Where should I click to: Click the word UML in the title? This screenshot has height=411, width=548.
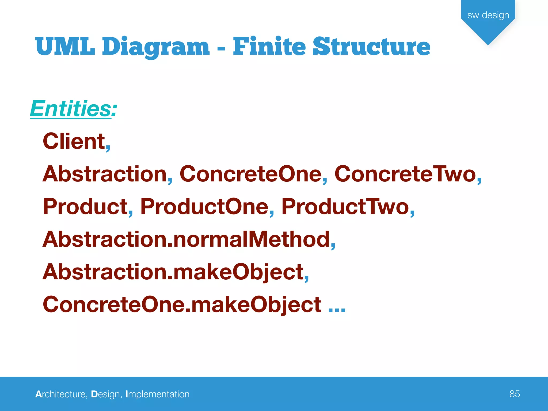(65, 47)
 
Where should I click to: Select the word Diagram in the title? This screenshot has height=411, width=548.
(155, 47)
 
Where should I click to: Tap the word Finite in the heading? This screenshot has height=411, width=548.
(269, 47)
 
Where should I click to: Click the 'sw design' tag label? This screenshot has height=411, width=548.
(488, 15)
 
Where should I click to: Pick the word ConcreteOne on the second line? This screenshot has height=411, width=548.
(250, 174)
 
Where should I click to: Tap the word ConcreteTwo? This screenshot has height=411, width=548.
(405, 174)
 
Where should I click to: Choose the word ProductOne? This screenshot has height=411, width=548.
(204, 207)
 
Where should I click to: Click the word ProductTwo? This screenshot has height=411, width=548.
(345, 207)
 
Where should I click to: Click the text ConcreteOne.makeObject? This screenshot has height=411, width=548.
(182, 305)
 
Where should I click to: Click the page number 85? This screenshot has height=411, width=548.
(515, 394)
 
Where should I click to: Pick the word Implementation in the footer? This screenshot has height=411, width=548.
(157, 394)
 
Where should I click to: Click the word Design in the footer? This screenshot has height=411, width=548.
(105, 394)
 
